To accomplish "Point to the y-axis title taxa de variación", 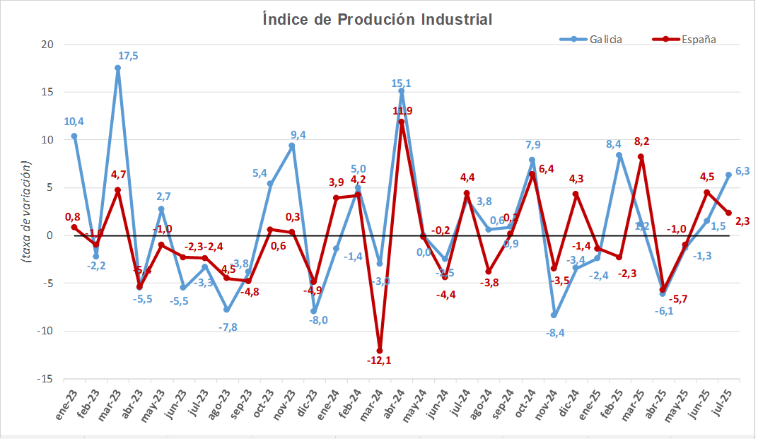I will tap(26, 212).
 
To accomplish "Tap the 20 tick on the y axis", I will tap(48, 45).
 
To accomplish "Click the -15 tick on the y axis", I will tap(46, 379).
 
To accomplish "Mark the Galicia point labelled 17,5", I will tap(117, 68).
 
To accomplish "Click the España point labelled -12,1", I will tap(380, 351).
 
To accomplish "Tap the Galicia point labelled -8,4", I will tap(554, 315).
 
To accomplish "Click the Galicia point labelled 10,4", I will tap(74, 136).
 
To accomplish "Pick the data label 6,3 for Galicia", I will tap(742, 171).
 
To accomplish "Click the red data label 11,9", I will tap(402, 111).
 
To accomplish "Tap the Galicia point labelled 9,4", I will tap(292, 146).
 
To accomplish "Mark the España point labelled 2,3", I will tap(729, 213).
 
